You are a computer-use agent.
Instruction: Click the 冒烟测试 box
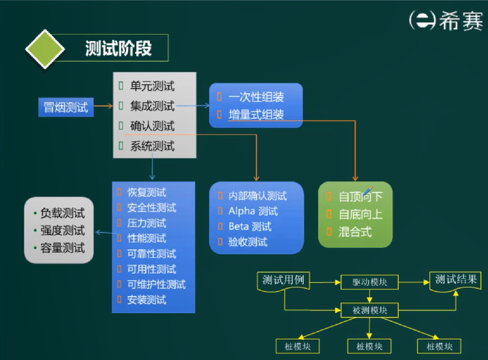pos(65,108)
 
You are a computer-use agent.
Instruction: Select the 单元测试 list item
pos(152,86)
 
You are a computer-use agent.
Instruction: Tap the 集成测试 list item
pos(152,106)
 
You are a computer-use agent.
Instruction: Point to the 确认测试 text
pos(152,126)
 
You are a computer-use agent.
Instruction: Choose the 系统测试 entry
pos(152,146)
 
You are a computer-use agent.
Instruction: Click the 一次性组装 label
pos(256,97)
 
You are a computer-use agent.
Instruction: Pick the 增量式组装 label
pos(256,115)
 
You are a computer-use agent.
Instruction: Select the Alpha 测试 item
pos(253,212)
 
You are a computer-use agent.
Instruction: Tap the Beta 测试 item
pos(250,227)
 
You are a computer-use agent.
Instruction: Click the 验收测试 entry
pos(248,242)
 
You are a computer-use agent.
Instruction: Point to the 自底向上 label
pos(361,214)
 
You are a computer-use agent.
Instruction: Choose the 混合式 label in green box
pos(355,232)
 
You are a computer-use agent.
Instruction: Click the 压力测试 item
pos(146,223)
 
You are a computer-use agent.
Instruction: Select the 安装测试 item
pos(146,299)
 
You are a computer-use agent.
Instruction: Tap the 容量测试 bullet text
pos(62,248)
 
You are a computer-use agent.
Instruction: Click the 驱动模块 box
pos(369,282)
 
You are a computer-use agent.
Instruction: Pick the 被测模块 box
pos(369,310)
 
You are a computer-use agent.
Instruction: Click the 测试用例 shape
pos(283,281)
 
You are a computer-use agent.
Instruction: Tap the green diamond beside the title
pos(45,48)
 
